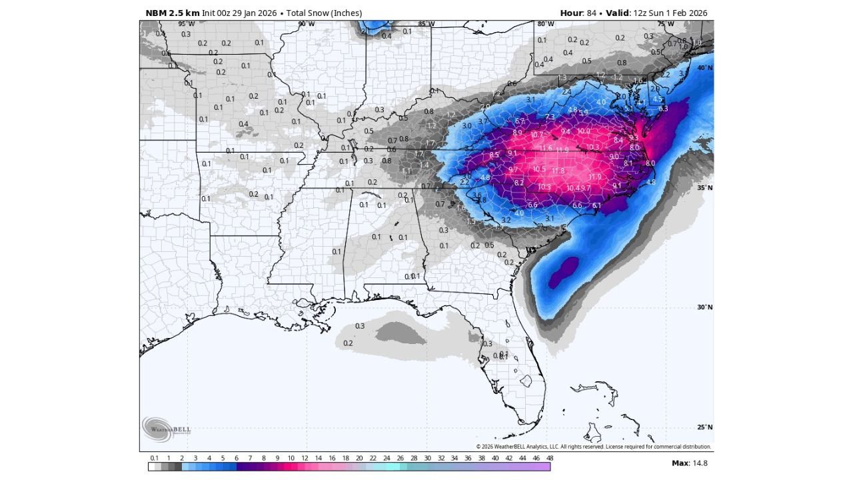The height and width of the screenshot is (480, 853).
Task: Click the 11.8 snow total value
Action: [x=558, y=171]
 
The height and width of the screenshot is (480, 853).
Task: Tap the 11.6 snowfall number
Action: [x=546, y=148]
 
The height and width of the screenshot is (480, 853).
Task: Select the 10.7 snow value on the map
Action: [x=536, y=135]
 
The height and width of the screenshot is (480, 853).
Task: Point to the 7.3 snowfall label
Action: [x=550, y=117]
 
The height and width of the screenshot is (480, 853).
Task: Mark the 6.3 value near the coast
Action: [x=663, y=109]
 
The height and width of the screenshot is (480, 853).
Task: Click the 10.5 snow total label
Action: [x=539, y=169]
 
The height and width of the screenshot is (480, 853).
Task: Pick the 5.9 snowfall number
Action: [x=583, y=113]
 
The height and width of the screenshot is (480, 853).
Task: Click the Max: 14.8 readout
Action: [x=689, y=463]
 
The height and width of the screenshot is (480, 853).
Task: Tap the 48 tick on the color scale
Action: [x=549, y=459]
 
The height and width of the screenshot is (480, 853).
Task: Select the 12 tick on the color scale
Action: [x=305, y=459]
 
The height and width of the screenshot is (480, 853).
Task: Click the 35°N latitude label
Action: [x=704, y=188]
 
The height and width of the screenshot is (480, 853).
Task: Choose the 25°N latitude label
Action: [x=704, y=427]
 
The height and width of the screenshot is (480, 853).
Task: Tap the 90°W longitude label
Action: [x=307, y=24]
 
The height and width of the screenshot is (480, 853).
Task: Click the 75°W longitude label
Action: [x=666, y=24]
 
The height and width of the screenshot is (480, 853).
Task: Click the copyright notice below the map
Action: [x=593, y=447]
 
